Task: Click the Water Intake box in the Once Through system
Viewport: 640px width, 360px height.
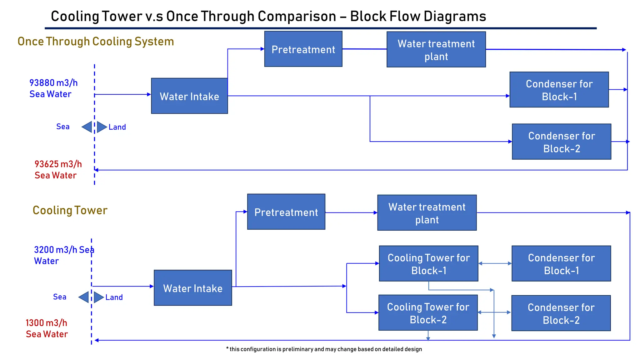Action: click(189, 96)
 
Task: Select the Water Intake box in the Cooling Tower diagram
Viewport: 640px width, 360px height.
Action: click(193, 288)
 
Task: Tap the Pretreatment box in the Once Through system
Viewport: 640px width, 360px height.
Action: click(303, 49)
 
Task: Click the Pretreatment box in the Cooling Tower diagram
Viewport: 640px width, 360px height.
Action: click(286, 212)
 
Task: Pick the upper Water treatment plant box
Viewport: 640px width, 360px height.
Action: click(436, 49)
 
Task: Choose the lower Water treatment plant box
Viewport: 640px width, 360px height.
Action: click(427, 213)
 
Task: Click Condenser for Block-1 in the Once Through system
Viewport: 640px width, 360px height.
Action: click(559, 90)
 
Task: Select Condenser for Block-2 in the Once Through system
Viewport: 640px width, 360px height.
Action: click(561, 142)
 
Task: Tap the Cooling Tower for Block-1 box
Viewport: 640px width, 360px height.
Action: click(428, 263)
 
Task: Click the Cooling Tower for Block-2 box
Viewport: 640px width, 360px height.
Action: click(428, 313)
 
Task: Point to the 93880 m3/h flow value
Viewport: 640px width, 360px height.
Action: click(53, 83)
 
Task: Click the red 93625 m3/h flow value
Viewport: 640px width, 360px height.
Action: click(58, 164)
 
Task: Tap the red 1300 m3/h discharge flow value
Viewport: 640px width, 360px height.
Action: click(46, 323)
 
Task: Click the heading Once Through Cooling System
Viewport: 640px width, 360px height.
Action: click(96, 42)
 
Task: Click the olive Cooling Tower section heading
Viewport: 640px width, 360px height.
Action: click(70, 210)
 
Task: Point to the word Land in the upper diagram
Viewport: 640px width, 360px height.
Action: click(117, 127)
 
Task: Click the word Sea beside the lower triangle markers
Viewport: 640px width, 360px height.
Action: click(60, 297)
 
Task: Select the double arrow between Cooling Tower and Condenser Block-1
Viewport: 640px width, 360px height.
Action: click(495, 263)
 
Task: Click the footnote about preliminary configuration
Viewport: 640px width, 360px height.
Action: click(324, 349)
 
